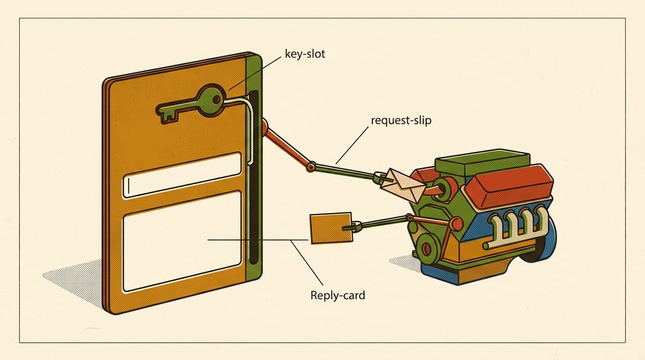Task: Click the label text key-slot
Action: (x=305, y=54)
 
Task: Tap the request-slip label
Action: (x=401, y=121)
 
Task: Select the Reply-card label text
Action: (x=338, y=295)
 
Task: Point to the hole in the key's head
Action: (x=216, y=100)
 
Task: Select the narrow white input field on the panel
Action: (x=182, y=175)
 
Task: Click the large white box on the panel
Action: (x=182, y=242)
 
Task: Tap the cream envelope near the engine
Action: (x=403, y=185)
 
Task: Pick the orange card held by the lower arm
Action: (x=331, y=228)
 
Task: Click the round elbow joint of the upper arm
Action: (x=311, y=167)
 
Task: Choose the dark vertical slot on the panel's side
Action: (x=254, y=177)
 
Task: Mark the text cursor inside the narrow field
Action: (x=128, y=186)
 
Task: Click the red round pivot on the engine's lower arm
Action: (x=456, y=224)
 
